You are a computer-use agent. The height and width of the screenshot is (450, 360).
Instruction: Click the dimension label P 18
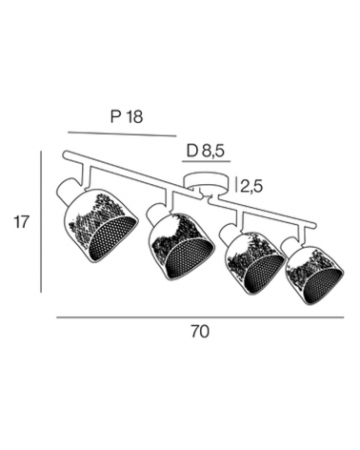127,116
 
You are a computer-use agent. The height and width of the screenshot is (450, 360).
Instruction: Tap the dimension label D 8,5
206,151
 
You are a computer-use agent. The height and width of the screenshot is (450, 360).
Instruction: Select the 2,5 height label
251,186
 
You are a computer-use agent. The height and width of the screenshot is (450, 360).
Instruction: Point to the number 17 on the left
21,222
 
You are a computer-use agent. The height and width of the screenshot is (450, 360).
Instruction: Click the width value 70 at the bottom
200,332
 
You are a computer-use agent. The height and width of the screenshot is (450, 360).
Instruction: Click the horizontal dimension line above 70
200,317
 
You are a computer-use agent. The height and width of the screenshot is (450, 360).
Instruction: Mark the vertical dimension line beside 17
41,222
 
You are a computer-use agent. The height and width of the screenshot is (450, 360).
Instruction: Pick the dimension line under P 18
122,133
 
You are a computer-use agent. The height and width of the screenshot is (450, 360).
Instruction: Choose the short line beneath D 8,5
207,162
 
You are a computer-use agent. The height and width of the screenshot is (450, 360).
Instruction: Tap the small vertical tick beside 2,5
236,185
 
